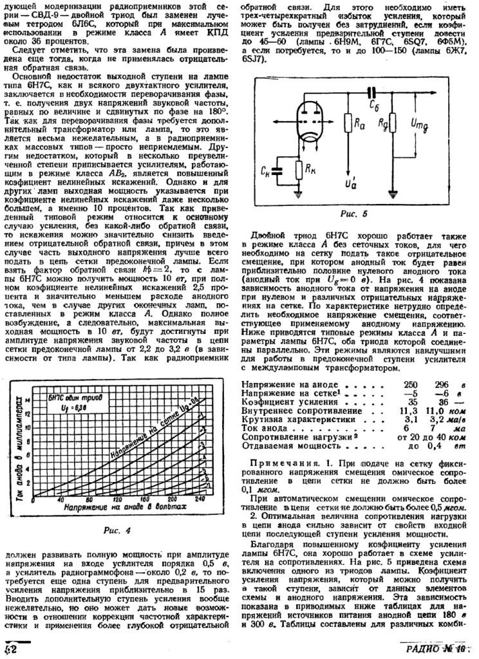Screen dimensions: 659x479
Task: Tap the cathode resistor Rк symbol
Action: click(x=298, y=171)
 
